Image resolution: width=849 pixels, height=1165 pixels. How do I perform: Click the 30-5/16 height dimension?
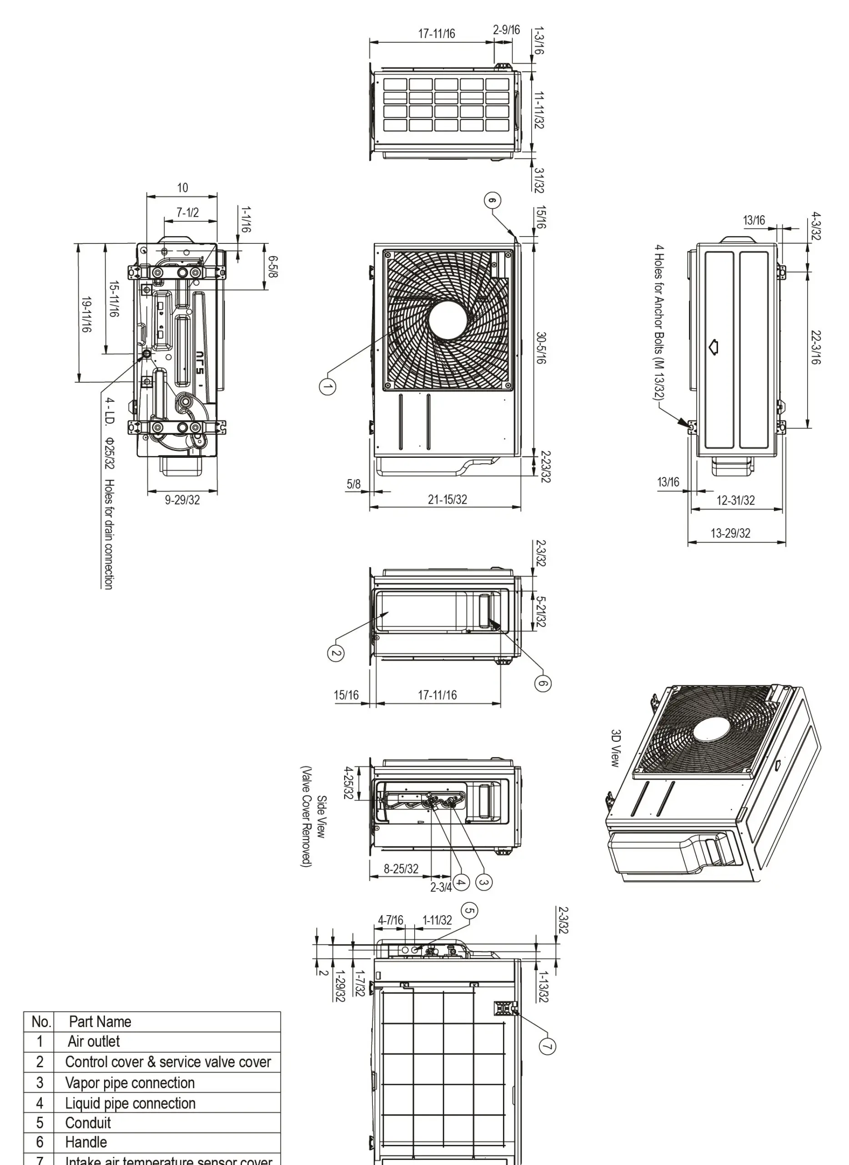[x=541, y=348]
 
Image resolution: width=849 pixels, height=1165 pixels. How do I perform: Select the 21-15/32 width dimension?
[x=447, y=499]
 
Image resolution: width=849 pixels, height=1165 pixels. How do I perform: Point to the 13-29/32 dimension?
[x=730, y=533]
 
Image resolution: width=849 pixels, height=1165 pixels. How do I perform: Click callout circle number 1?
[x=327, y=386]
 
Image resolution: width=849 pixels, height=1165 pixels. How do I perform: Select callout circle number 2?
[x=336, y=653]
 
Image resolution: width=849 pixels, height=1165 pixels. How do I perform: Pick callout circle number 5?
[x=469, y=911]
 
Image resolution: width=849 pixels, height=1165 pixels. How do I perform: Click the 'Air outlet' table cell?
[x=94, y=1042]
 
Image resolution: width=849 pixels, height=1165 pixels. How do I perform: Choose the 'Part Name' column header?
[x=100, y=1022]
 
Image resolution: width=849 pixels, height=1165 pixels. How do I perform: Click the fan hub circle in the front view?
[x=447, y=320]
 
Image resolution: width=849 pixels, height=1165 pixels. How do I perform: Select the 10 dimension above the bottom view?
[x=182, y=188]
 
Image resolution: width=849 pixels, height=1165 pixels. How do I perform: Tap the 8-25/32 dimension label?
[x=401, y=869]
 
